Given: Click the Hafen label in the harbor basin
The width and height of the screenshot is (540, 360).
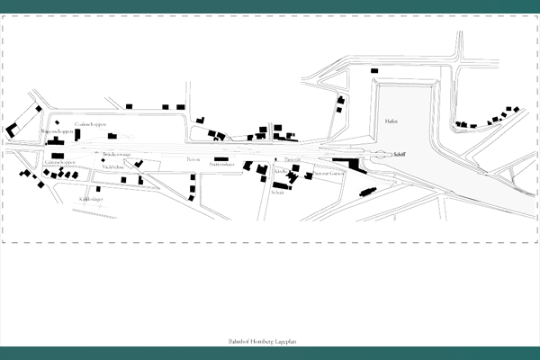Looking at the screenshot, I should pos(391,120).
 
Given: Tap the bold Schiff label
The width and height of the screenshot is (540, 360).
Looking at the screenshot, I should pos(400,155).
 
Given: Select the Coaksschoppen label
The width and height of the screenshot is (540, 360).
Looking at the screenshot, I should pos(92,123).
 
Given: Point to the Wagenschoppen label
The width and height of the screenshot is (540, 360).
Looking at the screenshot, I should pos(57,131).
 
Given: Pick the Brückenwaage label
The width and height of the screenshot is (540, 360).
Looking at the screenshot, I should pos(117,155).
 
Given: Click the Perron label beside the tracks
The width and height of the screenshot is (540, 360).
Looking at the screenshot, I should pos(193,159).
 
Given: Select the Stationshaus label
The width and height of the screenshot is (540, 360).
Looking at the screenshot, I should pos(221,166).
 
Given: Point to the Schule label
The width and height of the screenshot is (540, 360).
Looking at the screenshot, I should pos(279,191).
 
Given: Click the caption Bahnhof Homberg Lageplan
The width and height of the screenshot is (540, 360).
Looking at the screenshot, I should pos(268,344).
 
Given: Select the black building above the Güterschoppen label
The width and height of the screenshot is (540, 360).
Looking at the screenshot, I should pos(58,156).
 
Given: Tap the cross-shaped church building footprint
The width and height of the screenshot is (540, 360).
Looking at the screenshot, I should pos(290,178).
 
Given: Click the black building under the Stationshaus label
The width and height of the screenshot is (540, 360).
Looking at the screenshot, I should pos(221,159).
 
